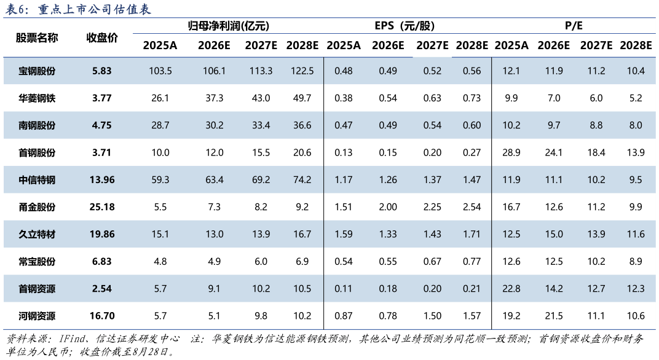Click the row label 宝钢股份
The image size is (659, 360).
pyautogui.click(x=37, y=71)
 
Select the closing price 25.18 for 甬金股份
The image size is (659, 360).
pyautogui.click(x=101, y=207)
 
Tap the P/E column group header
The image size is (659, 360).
pyautogui.click(x=574, y=26)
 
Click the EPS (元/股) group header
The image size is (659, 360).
pyautogui.click(x=404, y=26)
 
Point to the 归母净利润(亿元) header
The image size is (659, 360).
pyautogui.click(x=228, y=26)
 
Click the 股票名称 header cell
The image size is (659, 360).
pyautogui.click(x=37, y=38)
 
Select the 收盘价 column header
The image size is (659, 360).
pyautogui.click(x=101, y=38)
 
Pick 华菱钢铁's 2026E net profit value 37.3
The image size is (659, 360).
pyautogui.click(x=215, y=98)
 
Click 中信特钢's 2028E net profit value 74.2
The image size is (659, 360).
pyautogui.click(x=302, y=180)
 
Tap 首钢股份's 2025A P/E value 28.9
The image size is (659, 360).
pyautogui.click(x=511, y=152)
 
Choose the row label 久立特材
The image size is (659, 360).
pyautogui.click(x=37, y=235)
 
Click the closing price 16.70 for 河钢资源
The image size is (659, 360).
pyautogui.click(x=101, y=316)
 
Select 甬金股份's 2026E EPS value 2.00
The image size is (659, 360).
pyautogui.click(x=387, y=207)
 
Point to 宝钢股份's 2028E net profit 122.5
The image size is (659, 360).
pyautogui.click(x=302, y=71)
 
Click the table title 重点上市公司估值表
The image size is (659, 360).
pyautogui.click(x=95, y=9)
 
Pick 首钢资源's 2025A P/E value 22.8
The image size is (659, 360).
pyautogui.click(x=511, y=289)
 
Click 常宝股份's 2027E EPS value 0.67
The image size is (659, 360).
pyautogui.click(x=432, y=261)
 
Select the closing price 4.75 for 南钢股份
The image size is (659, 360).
pyautogui.click(x=101, y=125)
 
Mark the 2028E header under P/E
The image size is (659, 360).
pyautogui.click(x=636, y=45)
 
